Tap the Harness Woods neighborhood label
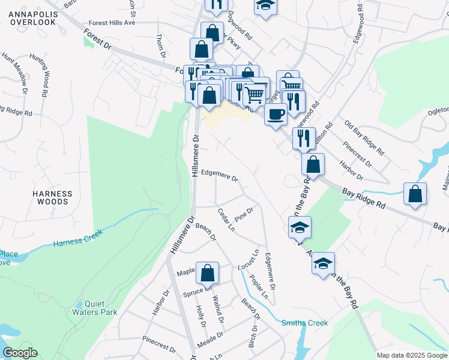[x=53, y=198]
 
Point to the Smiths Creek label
[x=305, y=323]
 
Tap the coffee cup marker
[x=276, y=113]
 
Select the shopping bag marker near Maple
[x=207, y=272]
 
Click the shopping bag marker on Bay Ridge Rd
[x=415, y=193]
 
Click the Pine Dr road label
[x=245, y=215]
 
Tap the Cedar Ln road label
[x=226, y=220]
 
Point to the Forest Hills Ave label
[x=112, y=23]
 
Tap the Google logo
[x=20, y=353]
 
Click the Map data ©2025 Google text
[x=411, y=355]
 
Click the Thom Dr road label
[x=160, y=46]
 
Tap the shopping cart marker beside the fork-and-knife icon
[x=255, y=93]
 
